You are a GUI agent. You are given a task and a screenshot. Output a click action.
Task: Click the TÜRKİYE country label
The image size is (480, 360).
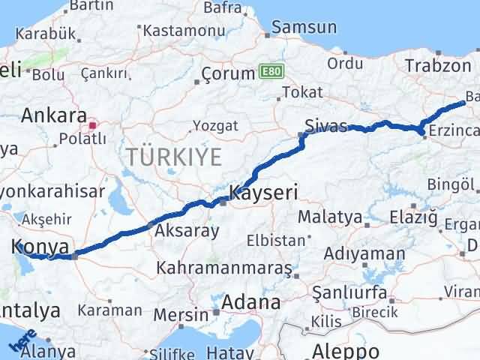coord(173,157)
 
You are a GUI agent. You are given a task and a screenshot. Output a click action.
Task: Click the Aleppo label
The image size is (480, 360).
coord(346,350)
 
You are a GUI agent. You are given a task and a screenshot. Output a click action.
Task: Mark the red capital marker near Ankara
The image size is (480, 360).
coord(93,125)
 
